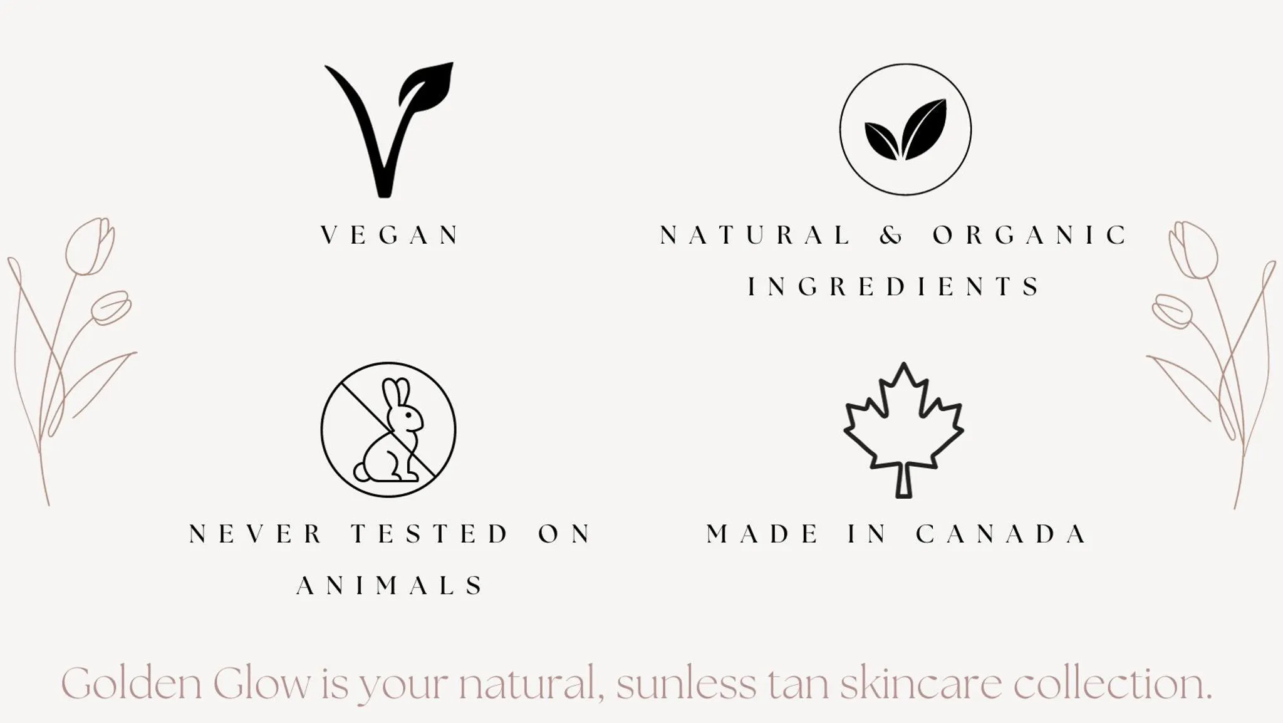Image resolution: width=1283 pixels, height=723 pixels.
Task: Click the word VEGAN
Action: pyautogui.click(x=390, y=236)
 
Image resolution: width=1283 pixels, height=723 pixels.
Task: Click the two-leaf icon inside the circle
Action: pyautogui.click(x=905, y=129)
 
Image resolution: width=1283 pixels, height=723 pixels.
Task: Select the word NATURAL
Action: pyautogui.click(x=755, y=236)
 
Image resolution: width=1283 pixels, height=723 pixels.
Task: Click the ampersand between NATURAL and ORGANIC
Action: pyautogui.click(x=891, y=236)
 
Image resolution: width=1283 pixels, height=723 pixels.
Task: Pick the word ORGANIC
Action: pyautogui.click(x=1030, y=236)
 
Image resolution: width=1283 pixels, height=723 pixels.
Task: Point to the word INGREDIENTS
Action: pyautogui.click(x=893, y=287)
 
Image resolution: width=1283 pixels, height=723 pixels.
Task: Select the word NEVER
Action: pyautogui.click(x=255, y=534)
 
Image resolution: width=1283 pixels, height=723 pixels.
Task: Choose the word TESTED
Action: pyautogui.click(x=429, y=534)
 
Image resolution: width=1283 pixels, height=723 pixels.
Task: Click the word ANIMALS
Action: pyautogui.click(x=390, y=586)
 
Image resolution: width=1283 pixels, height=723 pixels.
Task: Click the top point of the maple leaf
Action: pyautogui.click(x=903, y=364)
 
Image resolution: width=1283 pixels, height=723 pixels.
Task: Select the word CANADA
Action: pyautogui.click(x=1001, y=534)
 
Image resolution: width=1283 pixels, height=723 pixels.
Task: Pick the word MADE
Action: pyautogui.click(x=762, y=534)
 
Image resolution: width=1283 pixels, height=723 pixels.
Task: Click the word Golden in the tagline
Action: pyautogui.click(x=132, y=684)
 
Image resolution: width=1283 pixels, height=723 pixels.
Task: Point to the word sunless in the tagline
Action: pyautogui.click(x=686, y=684)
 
